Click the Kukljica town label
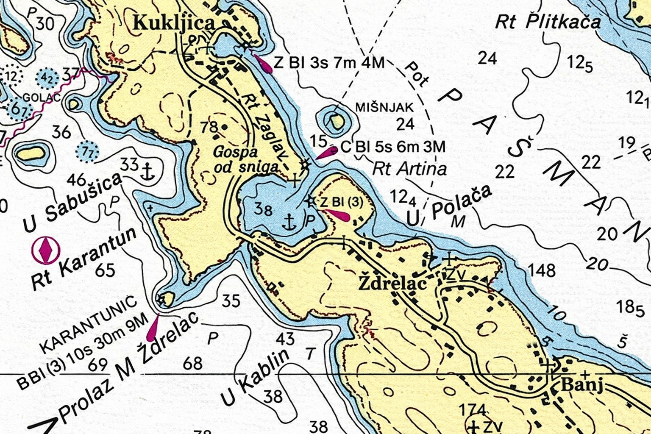pos(174,23)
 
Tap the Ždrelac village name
pos(392,284)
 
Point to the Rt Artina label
pos(409,169)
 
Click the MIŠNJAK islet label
pos(384,108)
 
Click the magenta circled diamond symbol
pos(46,250)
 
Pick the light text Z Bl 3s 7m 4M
pos(329,63)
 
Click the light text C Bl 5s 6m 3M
pos(393,147)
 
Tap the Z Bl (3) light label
pos(341,202)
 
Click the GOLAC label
pos(41,97)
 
